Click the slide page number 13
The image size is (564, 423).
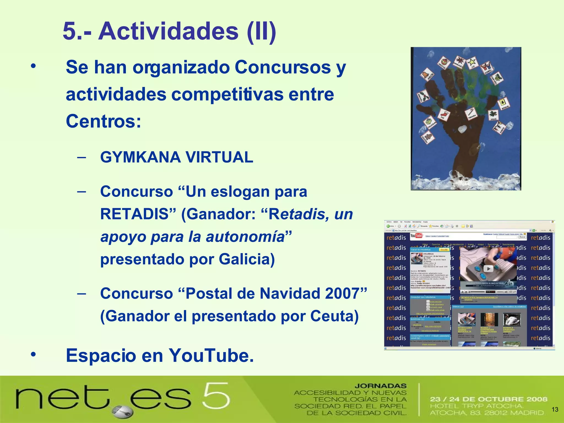click(555, 410)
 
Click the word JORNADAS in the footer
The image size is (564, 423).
click(380, 386)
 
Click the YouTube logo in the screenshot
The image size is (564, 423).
click(416, 236)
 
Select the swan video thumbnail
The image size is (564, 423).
click(511, 320)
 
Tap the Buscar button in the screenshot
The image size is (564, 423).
click(522, 237)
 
